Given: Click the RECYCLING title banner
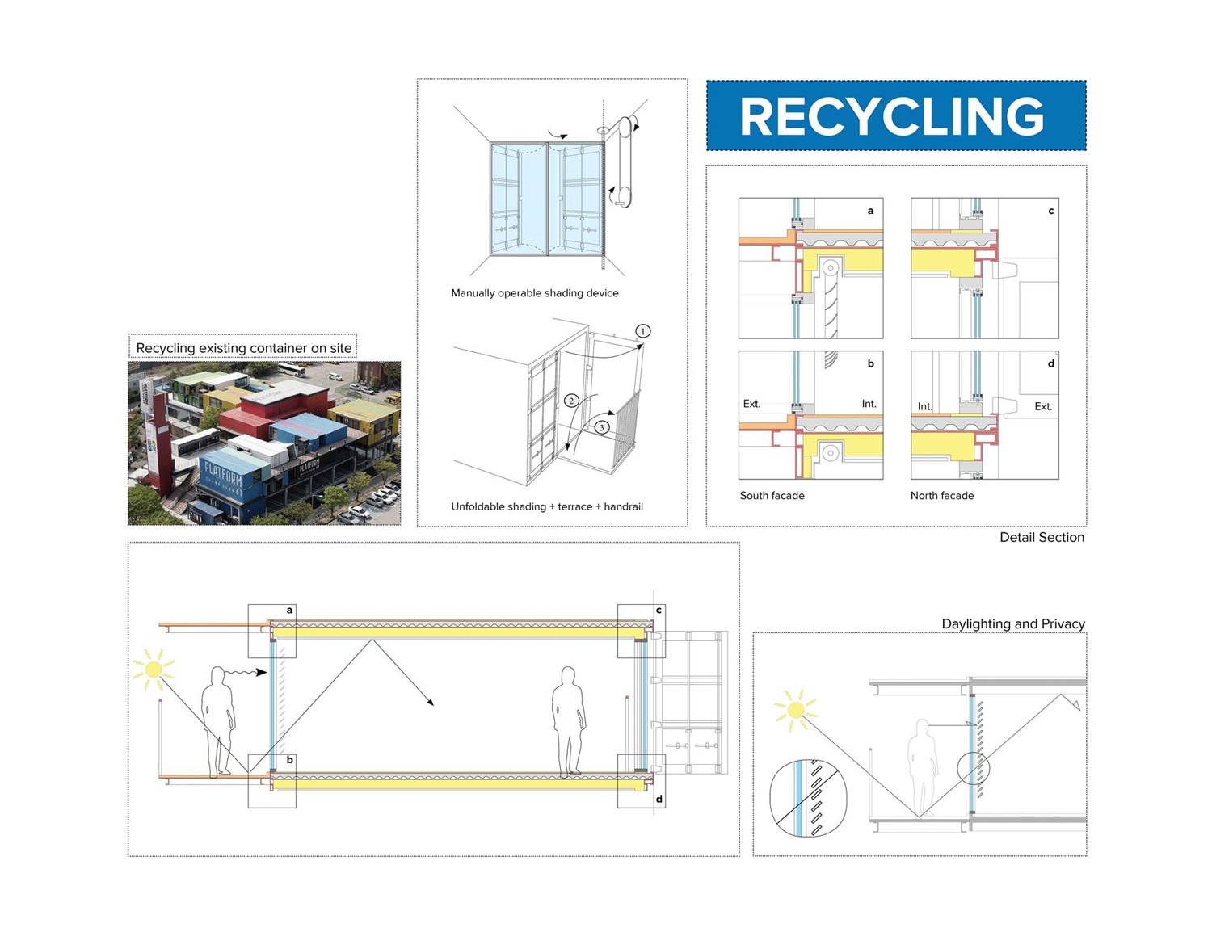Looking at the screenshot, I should click(x=895, y=115).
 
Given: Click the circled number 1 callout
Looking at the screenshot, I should click(x=642, y=331).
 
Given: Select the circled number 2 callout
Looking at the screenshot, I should click(x=571, y=401).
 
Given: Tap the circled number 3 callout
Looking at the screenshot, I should click(x=601, y=427).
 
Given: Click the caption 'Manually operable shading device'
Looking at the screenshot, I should click(x=534, y=293).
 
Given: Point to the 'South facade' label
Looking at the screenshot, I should click(x=772, y=496).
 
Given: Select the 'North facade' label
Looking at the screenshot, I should click(x=941, y=496).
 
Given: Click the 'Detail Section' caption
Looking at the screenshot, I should click(x=1042, y=537).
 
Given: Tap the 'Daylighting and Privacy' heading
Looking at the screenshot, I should click(x=1012, y=623).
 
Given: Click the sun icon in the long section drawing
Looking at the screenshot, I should click(x=153, y=670).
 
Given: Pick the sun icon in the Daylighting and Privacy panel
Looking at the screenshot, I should click(x=795, y=710).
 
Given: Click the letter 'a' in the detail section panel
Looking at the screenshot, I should click(x=870, y=211).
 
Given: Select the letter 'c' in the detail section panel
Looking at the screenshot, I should click(x=1050, y=211).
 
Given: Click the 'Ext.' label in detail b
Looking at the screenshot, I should click(x=751, y=404).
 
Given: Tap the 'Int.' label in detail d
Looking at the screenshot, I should click(x=924, y=406).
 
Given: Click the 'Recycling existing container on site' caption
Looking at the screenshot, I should click(x=243, y=348).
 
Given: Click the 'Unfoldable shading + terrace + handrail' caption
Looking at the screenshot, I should click(x=547, y=506).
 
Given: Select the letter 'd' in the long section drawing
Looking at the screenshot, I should click(x=659, y=799).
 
